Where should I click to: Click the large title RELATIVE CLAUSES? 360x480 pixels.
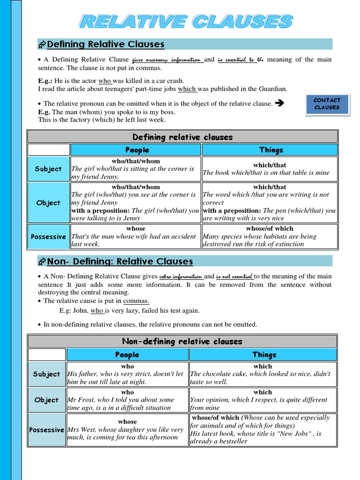(186, 22)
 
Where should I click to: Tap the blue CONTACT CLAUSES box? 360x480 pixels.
(327, 104)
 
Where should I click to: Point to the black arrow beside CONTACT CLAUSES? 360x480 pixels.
(280, 103)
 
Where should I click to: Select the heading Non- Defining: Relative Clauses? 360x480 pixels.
(120, 261)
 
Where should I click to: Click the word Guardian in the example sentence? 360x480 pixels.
(274, 89)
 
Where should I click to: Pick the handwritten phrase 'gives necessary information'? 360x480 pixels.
(167, 60)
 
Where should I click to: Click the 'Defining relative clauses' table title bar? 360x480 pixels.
(182, 137)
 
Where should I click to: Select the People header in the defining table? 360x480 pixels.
(136, 150)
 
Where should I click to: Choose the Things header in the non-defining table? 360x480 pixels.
(264, 355)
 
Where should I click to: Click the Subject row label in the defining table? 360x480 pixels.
(48, 169)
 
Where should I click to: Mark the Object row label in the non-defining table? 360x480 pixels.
(46, 400)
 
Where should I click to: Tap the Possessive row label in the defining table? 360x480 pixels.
(48, 237)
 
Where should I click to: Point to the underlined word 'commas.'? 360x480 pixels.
(136, 301)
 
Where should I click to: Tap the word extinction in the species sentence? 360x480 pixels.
(287, 244)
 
